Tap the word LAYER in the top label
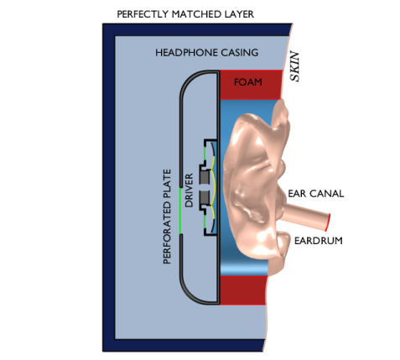[x=239, y=14]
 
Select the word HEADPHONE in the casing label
[x=186, y=53]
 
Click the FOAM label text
[x=248, y=82]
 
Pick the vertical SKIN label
[x=294, y=66]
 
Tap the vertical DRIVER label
[x=190, y=190]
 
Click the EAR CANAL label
[x=316, y=194]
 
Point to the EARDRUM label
[x=319, y=241]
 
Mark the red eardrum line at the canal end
[x=328, y=222]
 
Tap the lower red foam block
[x=242, y=290]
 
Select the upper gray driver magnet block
[x=205, y=177]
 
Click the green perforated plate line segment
[x=180, y=211]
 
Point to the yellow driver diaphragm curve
[x=215, y=188]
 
